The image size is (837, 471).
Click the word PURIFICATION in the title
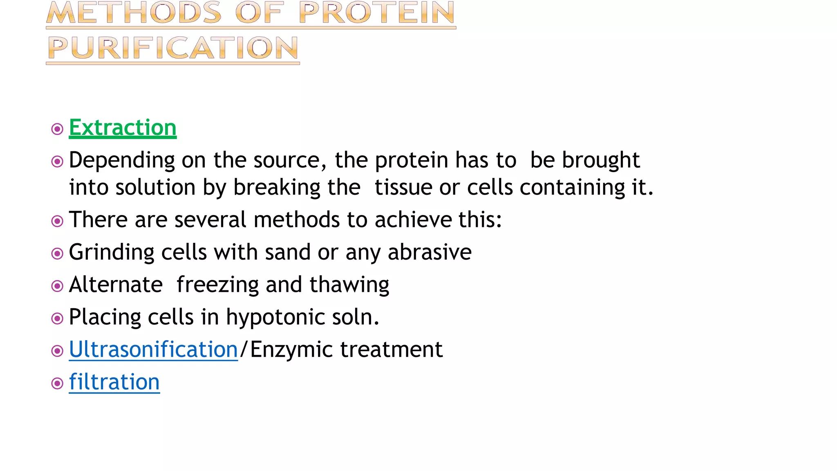pyautogui.click(x=173, y=48)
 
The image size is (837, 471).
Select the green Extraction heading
pyautogui.click(x=123, y=128)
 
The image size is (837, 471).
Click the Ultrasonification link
pyautogui.click(x=153, y=350)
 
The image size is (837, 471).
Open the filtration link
pyautogui.click(x=114, y=382)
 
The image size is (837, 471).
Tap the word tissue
pyautogui.click(x=403, y=188)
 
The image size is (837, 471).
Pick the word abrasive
pyautogui.click(x=430, y=252)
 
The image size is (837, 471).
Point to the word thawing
pyautogui.click(x=349, y=285)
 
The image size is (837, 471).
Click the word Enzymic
pyautogui.click(x=291, y=350)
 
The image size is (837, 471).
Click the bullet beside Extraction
pyautogui.click(x=57, y=129)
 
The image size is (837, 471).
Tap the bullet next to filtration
pyautogui.click(x=57, y=384)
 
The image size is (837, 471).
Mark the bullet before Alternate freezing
pyautogui.click(x=57, y=286)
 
